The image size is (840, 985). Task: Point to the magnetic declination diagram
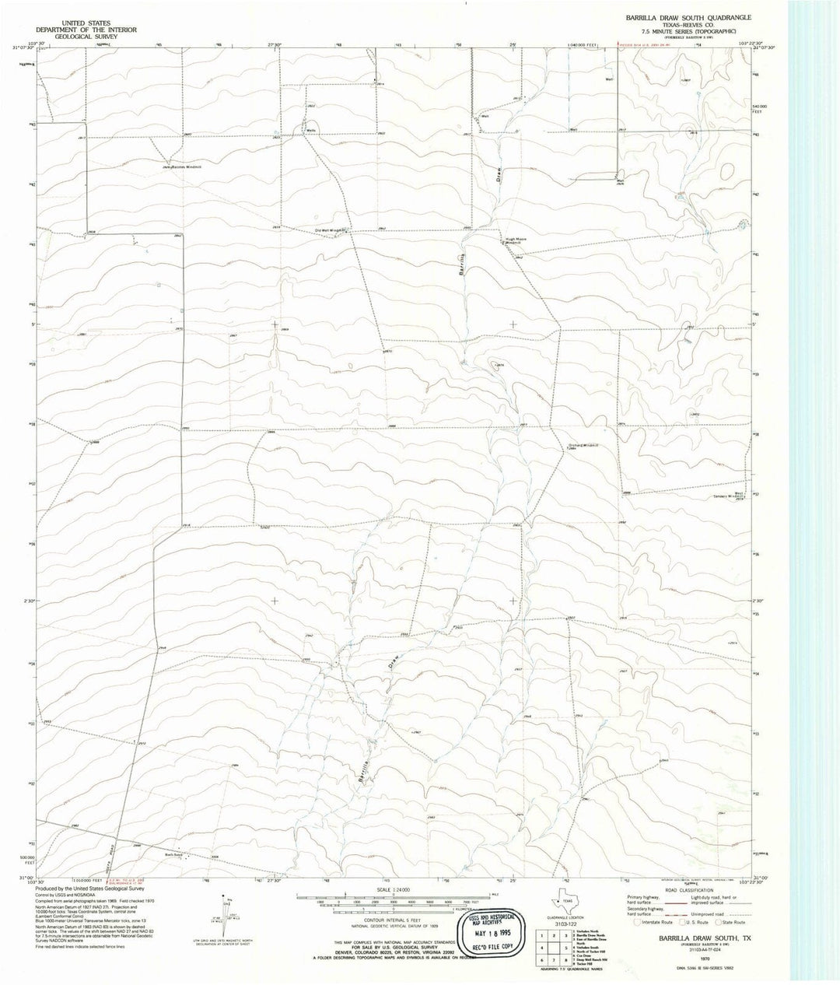[x=226, y=919]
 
